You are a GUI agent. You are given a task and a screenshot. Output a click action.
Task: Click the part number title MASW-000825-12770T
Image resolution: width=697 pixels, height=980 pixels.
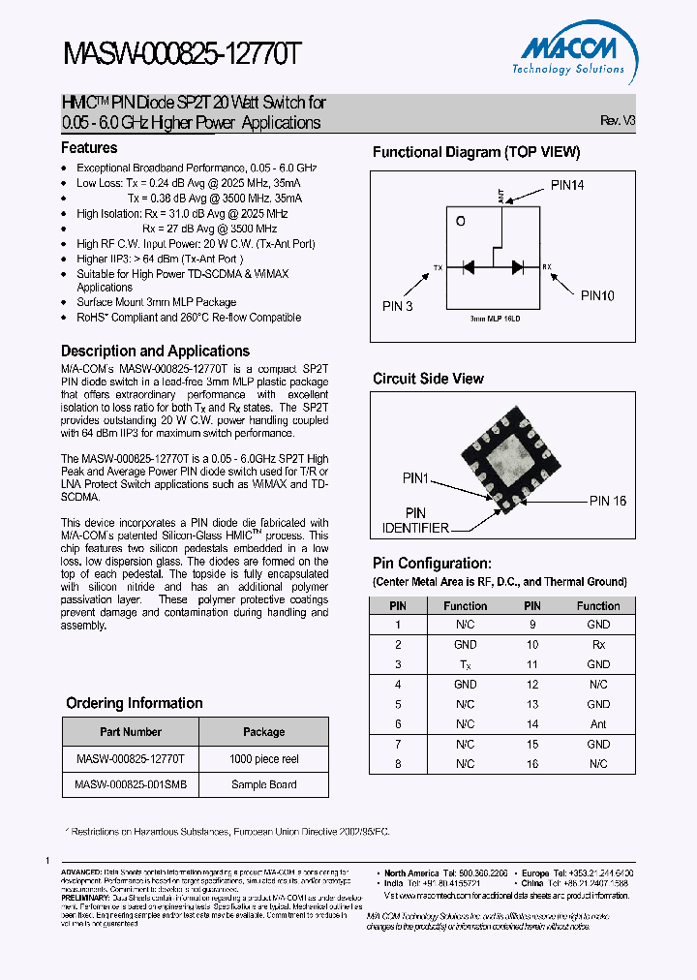183,55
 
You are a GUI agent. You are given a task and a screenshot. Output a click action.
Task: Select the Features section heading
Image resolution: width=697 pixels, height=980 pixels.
89,148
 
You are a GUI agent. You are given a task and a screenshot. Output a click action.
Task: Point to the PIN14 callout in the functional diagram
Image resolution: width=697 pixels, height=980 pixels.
567,185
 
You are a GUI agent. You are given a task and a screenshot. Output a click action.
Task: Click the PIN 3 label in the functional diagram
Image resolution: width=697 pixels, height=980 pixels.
397,306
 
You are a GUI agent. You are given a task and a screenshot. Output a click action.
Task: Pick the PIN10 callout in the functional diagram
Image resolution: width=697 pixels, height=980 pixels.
597,296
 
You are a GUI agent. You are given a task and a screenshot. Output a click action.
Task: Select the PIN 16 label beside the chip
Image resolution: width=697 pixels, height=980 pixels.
608,501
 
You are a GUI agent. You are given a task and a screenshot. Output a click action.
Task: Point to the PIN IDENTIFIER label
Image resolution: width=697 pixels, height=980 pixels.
414,520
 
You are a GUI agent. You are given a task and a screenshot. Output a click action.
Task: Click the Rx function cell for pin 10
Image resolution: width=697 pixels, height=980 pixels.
598,645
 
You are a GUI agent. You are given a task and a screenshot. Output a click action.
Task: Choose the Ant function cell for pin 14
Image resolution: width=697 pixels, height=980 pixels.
598,724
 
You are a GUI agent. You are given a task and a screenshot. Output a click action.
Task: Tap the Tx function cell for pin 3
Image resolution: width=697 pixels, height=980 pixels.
465,664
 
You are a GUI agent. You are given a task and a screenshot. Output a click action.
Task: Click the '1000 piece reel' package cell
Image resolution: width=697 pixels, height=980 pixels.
263,759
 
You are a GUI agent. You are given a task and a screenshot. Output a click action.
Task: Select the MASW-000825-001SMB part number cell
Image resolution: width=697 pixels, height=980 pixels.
131,784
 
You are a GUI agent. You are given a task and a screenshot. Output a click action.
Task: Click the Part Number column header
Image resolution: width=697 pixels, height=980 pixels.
131,732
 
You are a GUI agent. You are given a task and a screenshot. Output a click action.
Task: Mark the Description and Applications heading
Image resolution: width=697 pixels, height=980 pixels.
155,352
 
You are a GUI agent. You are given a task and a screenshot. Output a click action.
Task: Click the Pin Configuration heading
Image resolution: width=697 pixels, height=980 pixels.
432,564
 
